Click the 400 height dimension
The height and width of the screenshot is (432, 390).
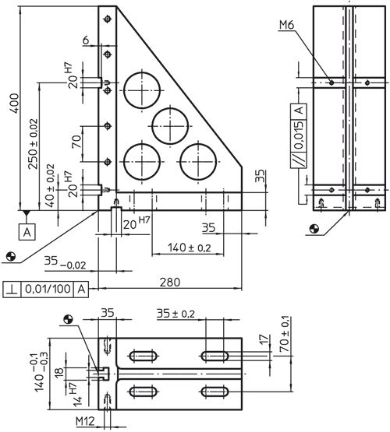[15, 103]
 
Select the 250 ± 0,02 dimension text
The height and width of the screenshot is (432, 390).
[33, 143]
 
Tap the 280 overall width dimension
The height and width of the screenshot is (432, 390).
[170, 283]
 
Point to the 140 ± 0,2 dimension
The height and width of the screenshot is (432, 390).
[190, 248]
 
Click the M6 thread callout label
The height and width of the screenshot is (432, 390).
[287, 25]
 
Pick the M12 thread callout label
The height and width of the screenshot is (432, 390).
[85, 421]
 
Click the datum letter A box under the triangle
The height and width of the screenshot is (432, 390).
[27, 232]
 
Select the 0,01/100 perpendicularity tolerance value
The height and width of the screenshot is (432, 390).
[48, 290]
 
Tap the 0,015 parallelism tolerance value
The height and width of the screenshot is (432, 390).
[299, 135]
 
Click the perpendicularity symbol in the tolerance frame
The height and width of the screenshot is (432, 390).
[12, 290]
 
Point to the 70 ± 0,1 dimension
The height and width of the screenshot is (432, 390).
[285, 334]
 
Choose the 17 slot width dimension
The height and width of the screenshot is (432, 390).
[264, 339]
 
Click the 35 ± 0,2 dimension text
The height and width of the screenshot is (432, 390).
[175, 314]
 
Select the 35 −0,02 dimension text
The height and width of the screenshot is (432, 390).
[66, 262]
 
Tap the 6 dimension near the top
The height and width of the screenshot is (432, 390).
[86, 40]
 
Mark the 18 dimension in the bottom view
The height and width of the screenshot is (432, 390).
[59, 373]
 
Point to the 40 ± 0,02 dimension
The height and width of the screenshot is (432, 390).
[50, 185]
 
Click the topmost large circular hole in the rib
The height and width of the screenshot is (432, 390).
[142, 90]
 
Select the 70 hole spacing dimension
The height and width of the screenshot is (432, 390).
[76, 142]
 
